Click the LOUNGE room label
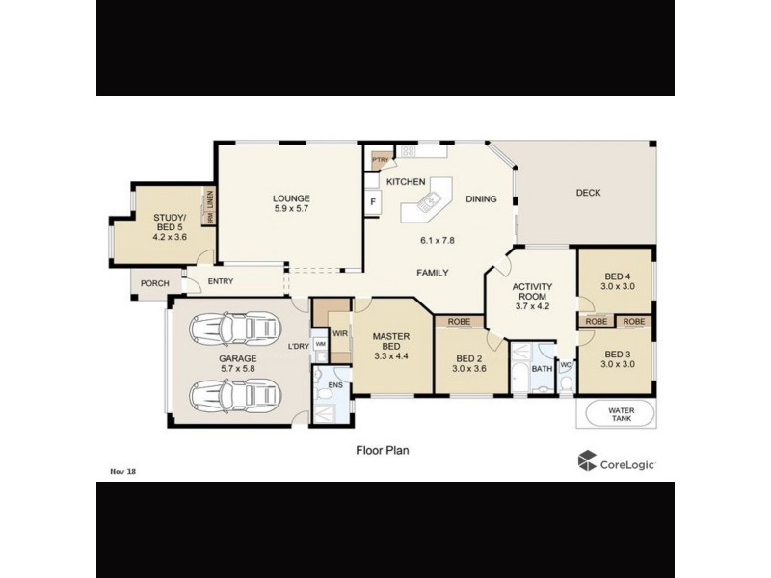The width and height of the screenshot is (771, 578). tap(291, 198)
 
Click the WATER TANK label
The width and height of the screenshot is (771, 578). tap(621, 414)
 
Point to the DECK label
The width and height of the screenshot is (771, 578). tap(588, 193)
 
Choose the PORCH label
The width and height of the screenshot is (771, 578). tap(154, 283)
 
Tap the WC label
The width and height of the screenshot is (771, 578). tap(566, 365)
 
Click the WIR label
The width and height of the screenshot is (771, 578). tap(339, 333)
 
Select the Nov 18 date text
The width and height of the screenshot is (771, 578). tap(122, 472)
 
